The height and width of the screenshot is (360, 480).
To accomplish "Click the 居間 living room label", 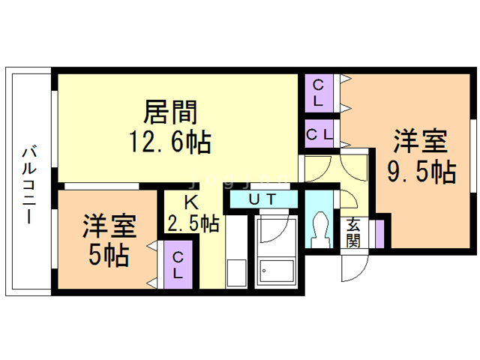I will click(170, 112).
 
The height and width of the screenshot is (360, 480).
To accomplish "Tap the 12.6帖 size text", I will click(170, 141).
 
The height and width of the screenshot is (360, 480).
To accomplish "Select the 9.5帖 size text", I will click(421, 172).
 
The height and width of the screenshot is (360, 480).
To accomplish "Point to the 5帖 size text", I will click(108, 255).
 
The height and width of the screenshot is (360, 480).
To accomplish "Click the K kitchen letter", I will click(192, 202).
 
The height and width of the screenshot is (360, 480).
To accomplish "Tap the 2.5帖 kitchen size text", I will click(193, 223).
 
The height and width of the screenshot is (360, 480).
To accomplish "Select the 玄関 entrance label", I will click(352, 233).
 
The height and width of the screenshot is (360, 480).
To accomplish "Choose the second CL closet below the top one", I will click(319, 135).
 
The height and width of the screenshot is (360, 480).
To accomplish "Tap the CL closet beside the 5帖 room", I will click(178, 264).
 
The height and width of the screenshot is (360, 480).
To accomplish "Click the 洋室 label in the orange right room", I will click(421, 142).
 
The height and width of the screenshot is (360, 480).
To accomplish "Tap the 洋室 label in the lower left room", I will click(109, 225).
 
